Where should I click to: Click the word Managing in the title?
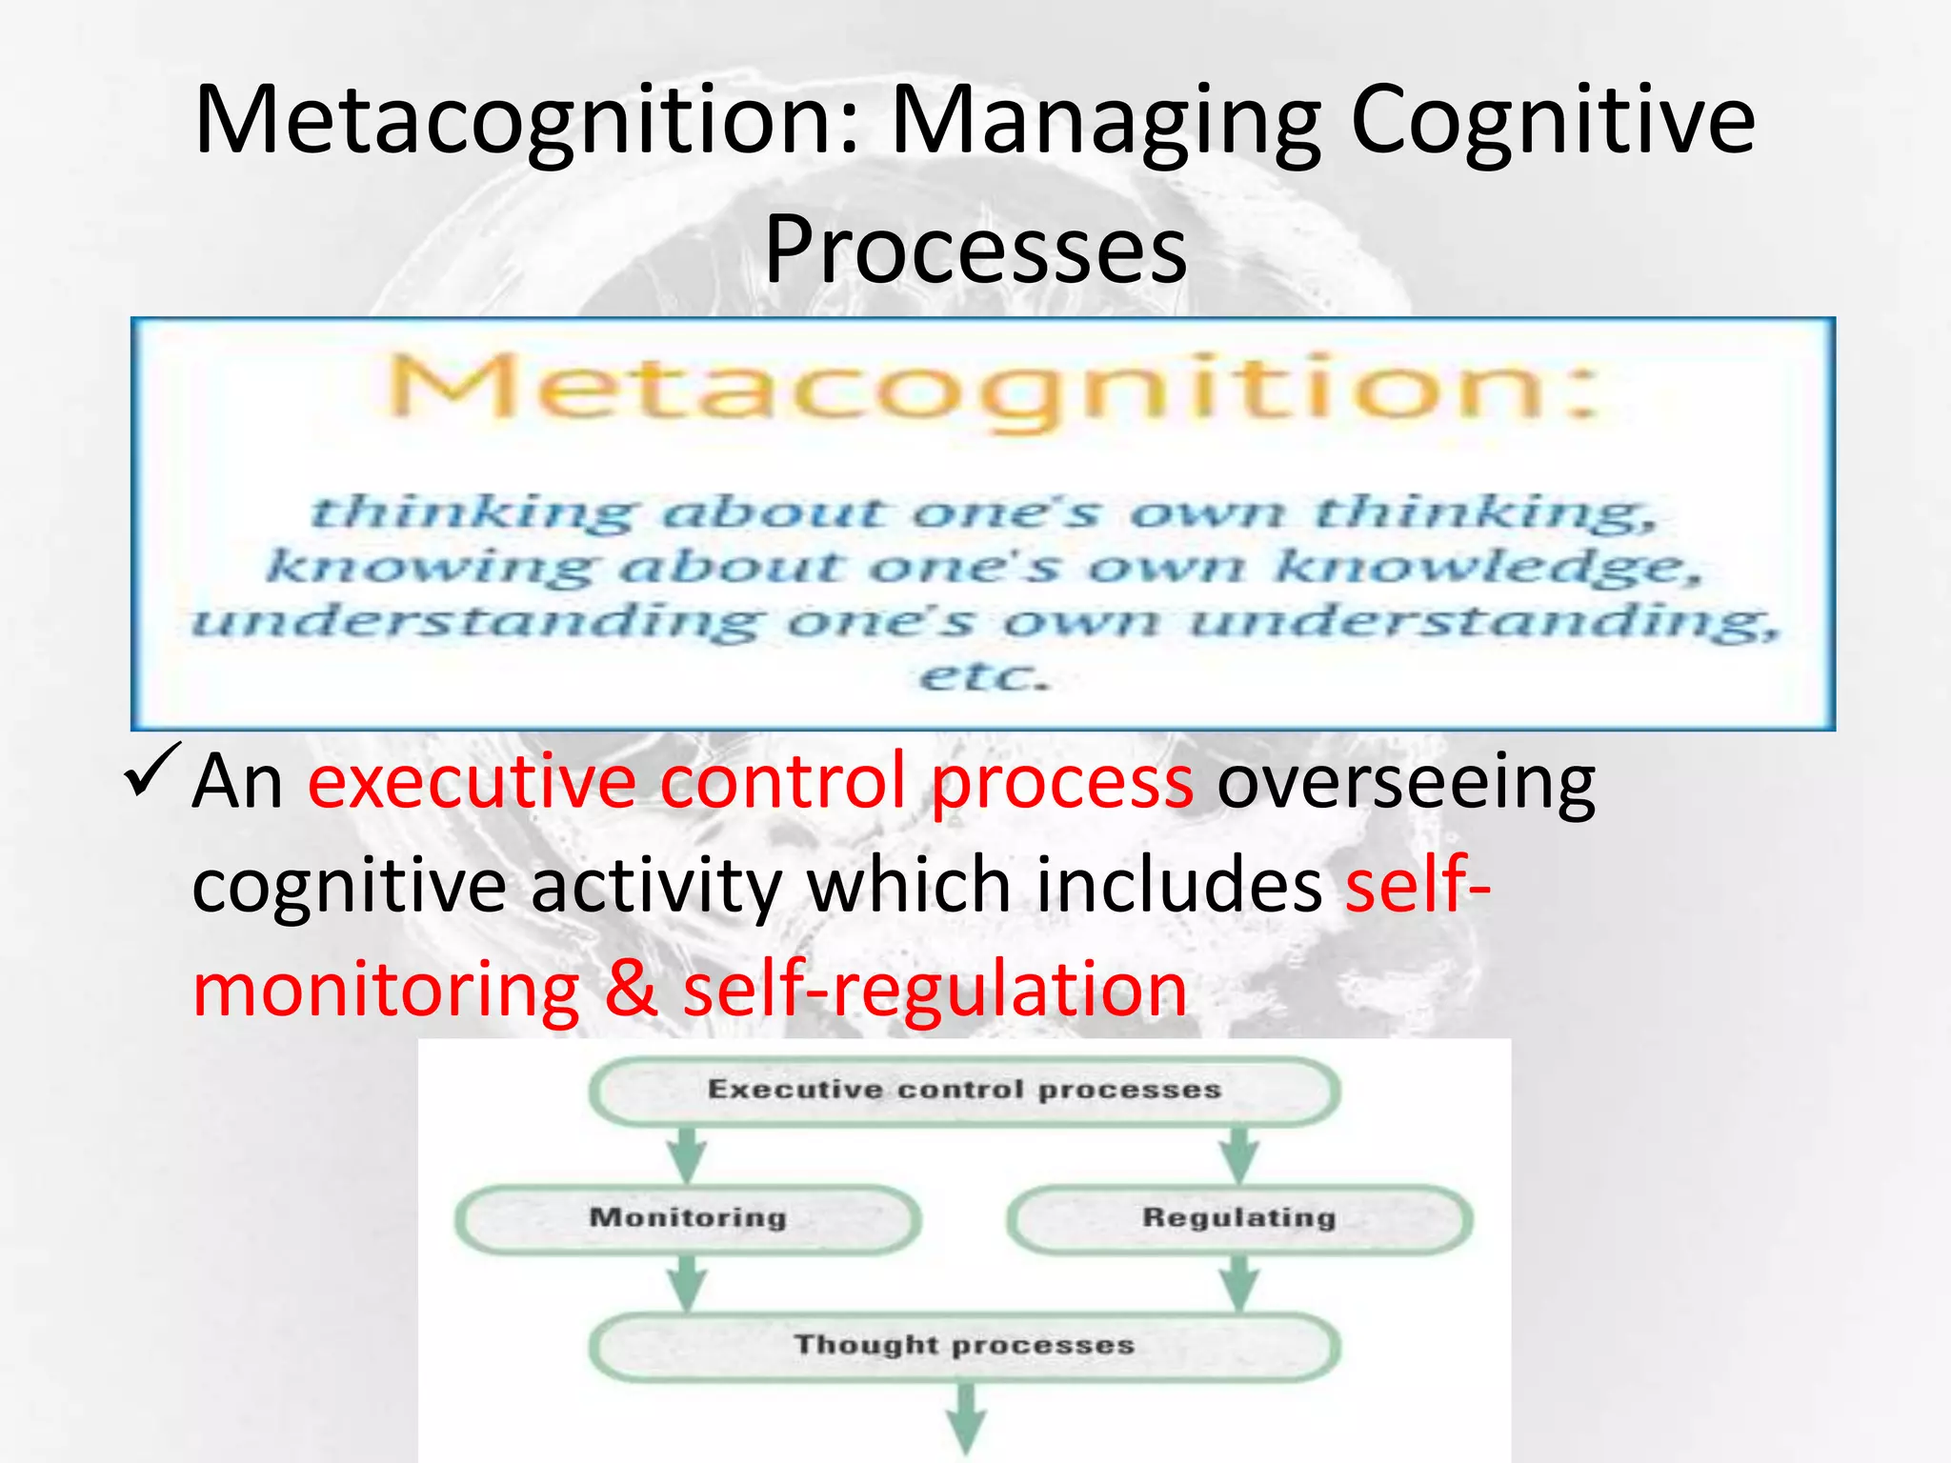pos(1105,122)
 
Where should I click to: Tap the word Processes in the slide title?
pos(975,250)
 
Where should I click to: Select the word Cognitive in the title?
pos(1553,122)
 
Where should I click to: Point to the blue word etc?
pos(983,676)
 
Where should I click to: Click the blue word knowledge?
pos(1486,567)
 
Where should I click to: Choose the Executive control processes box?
pos(964,1090)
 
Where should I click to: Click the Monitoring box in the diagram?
pos(688,1218)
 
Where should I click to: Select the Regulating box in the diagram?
pos(1238,1218)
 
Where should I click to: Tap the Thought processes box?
pos(964,1345)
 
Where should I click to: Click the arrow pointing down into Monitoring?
pos(687,1153)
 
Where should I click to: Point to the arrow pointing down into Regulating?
pos(1238,1153)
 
